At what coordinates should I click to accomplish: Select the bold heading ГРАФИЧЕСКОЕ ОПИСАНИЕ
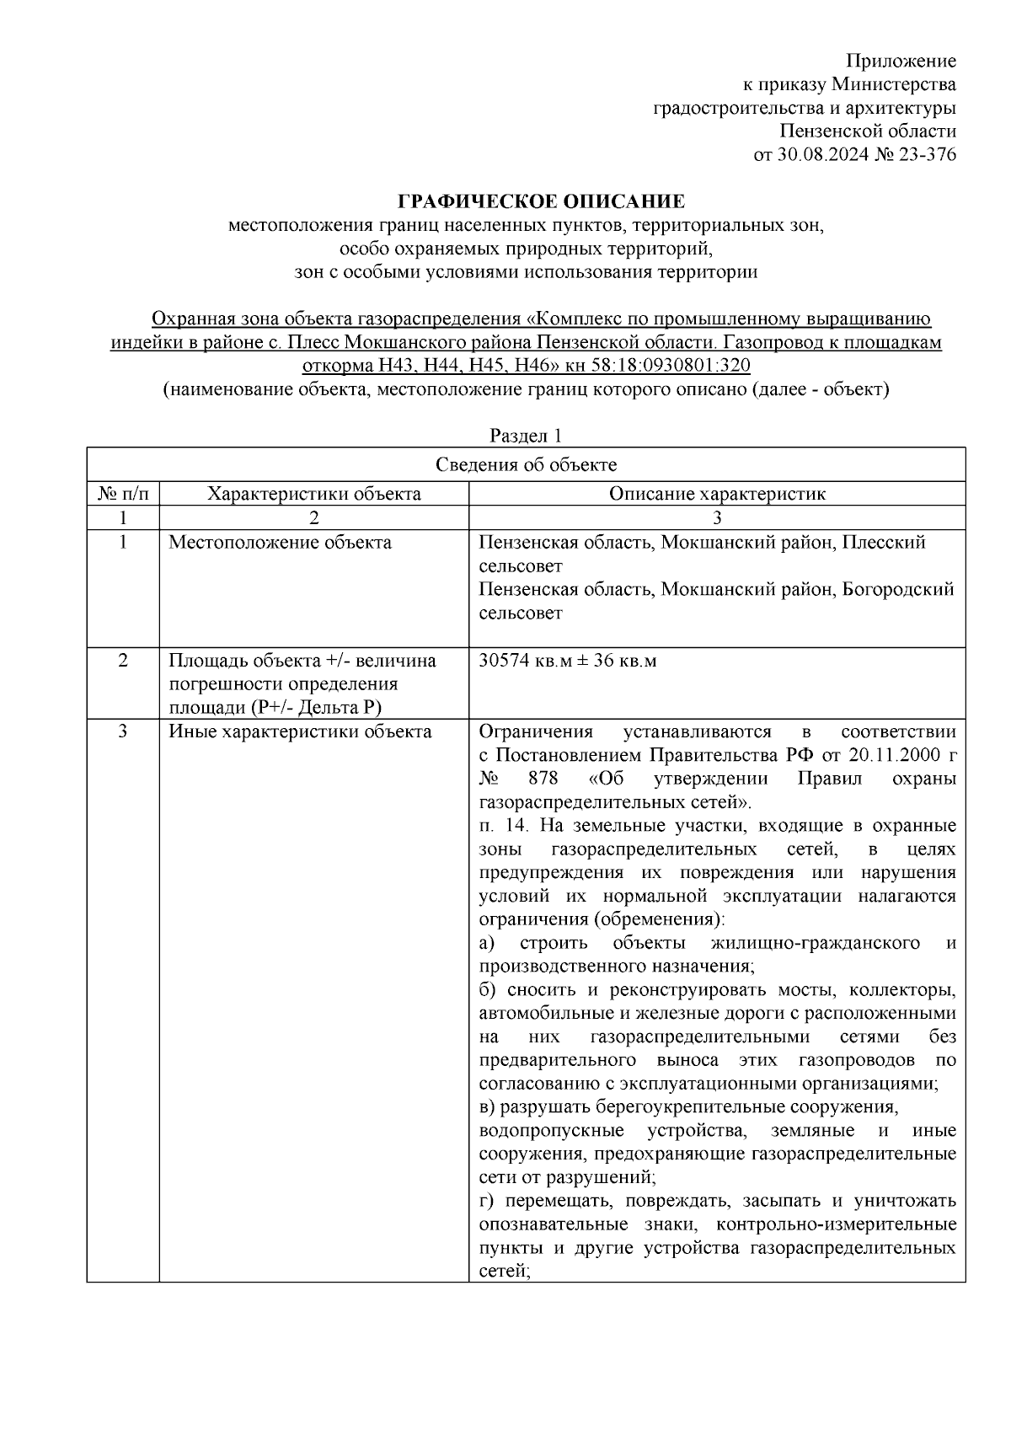pos(541,201)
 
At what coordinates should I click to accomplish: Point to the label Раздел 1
pos(526,436)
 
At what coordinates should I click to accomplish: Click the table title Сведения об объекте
pos(526,465)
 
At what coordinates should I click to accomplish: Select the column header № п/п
pos(123,494)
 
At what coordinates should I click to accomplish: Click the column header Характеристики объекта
pos(314,494)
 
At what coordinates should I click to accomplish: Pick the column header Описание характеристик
pos(717,494)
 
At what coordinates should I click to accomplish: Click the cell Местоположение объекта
pos(280,543)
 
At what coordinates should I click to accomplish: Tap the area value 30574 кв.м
pos(519,661)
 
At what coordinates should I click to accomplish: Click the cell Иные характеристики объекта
pos(300,731)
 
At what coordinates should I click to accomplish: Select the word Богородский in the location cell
pos(898,590)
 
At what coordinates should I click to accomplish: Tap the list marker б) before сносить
pos(489,989)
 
